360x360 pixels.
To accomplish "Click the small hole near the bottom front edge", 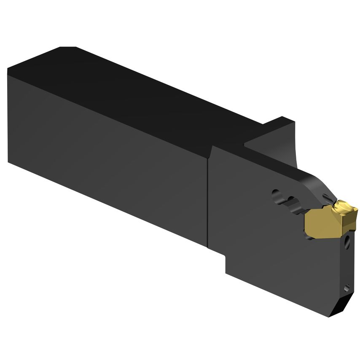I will [347, 287].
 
